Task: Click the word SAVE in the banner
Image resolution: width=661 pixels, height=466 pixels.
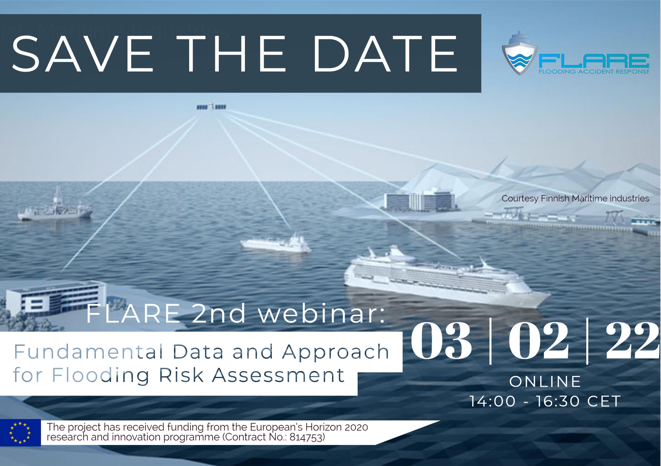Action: click(82, 54)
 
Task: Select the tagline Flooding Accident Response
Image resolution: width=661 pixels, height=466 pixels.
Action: click(594, 71)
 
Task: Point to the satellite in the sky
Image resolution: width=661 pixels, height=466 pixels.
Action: click(211, 107)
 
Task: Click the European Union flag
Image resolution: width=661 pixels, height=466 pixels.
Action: click(20, 433)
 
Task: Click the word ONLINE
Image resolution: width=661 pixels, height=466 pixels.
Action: click(545, 381)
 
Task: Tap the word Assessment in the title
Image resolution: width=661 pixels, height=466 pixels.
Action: click(278, 375)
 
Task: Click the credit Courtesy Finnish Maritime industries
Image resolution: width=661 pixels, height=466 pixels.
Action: click(575, 198)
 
